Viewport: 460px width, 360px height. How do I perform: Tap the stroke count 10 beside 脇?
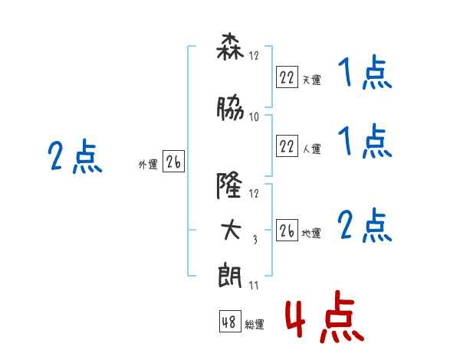point(255,117)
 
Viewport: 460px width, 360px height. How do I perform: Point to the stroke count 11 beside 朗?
point(254,286)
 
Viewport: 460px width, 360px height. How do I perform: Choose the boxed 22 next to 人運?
point(287,146)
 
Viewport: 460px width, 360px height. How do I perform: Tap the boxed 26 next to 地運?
point(287,231)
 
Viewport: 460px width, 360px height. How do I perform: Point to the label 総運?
point(255,325)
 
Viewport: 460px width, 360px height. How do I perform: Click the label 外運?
point(148,163)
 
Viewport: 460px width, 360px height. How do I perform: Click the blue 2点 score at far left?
point(74,158)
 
